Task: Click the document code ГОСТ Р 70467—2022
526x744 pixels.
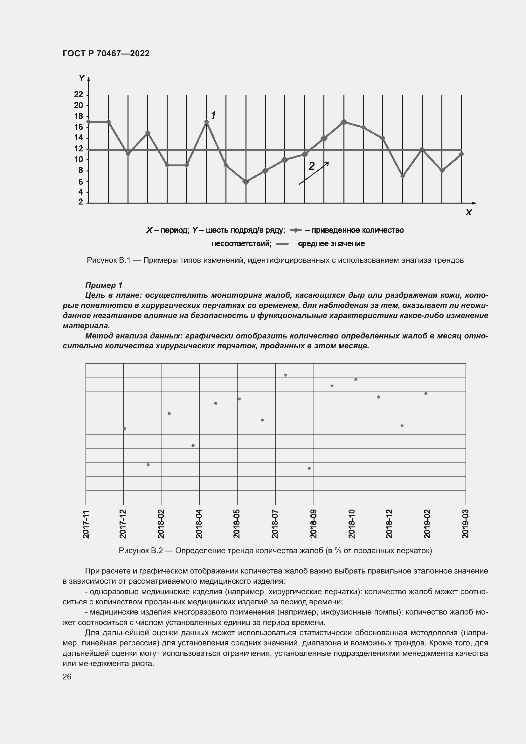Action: [x=106, y=54]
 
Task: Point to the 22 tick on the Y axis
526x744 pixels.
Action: [x=79, y=94]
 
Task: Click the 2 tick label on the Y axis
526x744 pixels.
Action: [x=80, y=202]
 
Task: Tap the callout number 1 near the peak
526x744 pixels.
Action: [x=213, y=115]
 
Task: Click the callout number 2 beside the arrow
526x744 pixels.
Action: [x=311, y=166]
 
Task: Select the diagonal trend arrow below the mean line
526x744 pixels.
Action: [x=313, y=174]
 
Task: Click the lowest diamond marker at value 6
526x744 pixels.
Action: [x=246, y=182]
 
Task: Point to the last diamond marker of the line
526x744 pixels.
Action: [x=461, y=154]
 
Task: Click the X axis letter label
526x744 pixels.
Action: [x=468, y=212]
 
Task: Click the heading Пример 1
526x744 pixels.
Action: [x=104, y=285]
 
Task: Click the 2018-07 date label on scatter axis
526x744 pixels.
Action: [x=275, y=524]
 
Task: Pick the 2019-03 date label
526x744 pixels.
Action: [x=466, y=524]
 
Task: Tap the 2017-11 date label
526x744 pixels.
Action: [x=86, y=524]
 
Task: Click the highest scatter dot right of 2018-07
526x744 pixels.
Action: [x=286, y=375]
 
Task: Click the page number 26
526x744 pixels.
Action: [x=67, y=677]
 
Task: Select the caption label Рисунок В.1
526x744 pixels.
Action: [x=108, y=260]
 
